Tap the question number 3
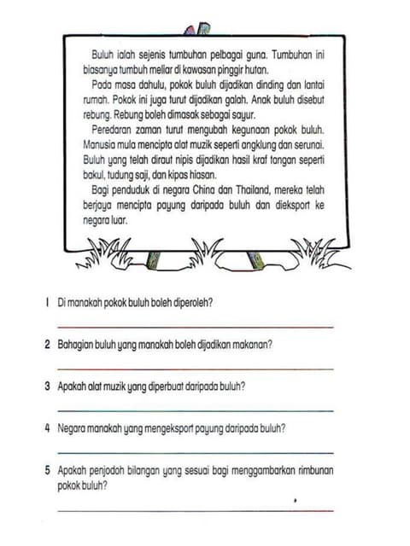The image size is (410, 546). pyautogui.click(x=47, y=386)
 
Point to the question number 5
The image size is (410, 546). pyautogui.click(x=47, y=470)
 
